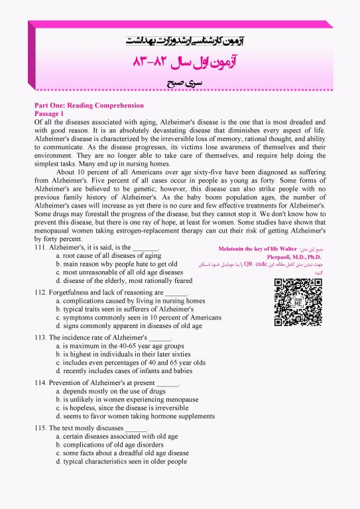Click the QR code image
(x=298, y=302)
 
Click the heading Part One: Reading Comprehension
(x=89, y=105)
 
